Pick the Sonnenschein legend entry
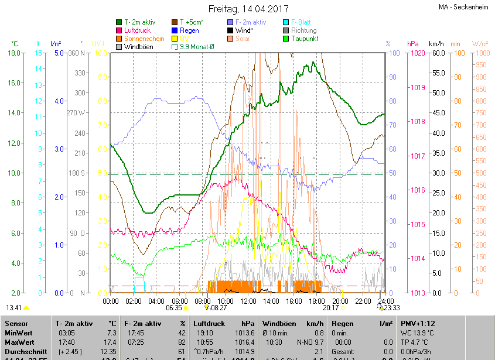pos(144,39)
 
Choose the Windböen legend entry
pos(139,47)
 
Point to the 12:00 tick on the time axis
pos(248,301)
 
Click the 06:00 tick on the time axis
pos(179,301)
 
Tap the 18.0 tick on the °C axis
pos(15,53)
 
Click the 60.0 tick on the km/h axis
pos(436,53)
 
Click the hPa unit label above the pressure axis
pos(413,44)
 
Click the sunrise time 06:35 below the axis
pos(174,307)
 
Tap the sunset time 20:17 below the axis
pos(331,307)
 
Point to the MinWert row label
pos(19,332)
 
